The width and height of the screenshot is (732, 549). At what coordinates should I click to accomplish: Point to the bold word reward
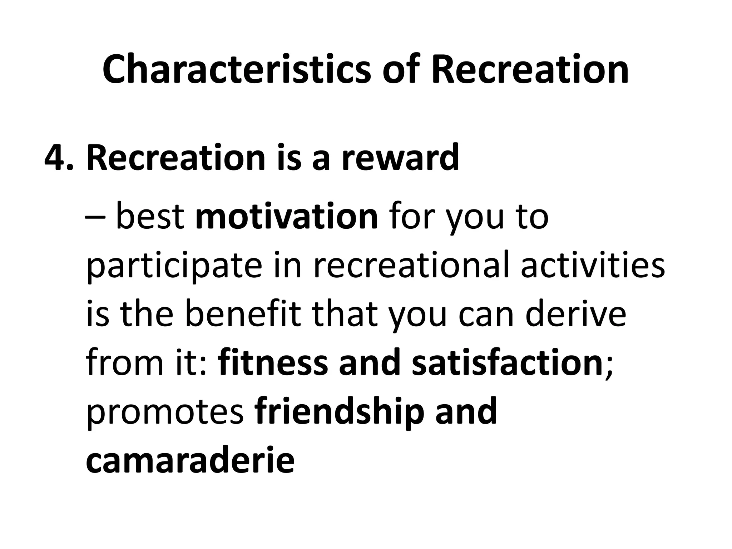400,157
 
